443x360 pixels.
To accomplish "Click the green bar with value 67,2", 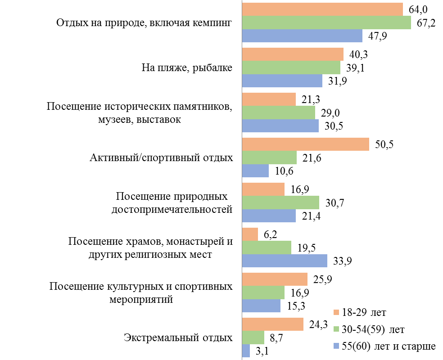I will [326, 22].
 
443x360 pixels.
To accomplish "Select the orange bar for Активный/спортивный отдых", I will [305, 144].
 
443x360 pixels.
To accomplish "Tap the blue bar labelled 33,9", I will [285, 261].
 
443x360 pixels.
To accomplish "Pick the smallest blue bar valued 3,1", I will [246, 351].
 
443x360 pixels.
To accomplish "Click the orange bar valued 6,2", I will [250, 234].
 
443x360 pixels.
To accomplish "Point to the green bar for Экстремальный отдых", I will [253, 337].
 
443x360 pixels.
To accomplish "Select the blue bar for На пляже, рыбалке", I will [282, 81].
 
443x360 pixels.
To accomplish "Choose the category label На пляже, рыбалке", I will [187, 68].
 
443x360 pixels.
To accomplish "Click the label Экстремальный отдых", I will [178, 338].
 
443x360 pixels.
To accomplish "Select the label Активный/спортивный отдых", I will [161, 158].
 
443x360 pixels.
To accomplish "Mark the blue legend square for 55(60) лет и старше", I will [335, 346].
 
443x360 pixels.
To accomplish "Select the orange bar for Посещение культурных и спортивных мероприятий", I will [275, 279].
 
